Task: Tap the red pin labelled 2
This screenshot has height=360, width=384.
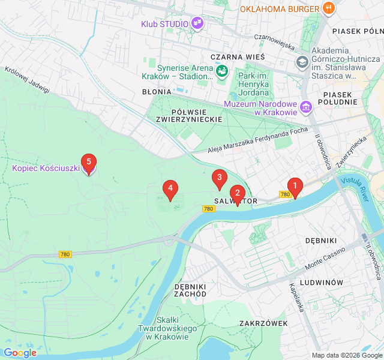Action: pyautogui.click(x=238, y=194)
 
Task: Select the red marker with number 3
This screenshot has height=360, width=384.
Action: pyautogui.click(x=219, y=178)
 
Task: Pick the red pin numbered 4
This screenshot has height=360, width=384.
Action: pyautogui.click(x=170, y=189)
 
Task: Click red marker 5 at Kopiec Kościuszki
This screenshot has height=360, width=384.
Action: pyautogui.click(x=89, y=162)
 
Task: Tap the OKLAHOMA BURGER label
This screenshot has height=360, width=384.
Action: pyautogui.click(x=279, y=9)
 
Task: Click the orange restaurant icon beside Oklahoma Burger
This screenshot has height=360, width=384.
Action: pyautogui.click(x=328, y=8)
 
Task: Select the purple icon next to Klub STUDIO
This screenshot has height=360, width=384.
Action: pyautogui.click(x=197, y=24)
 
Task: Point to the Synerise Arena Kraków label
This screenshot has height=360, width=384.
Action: pyautogui.click(x=177, y=72)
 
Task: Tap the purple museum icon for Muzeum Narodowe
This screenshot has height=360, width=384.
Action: pyautogui.click(x=307, y=107)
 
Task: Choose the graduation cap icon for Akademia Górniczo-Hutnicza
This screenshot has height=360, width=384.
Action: pyautogui.click(x=302, y=62)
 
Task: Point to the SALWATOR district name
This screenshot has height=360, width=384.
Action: pyautogui.click(x=235, y=202)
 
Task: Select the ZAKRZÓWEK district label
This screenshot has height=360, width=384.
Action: pyautogui.click(x=263, y=323)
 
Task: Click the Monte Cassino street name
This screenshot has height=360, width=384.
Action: pyautogui.click(x=325, y=258)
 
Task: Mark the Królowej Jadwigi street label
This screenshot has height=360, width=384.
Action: pyautogui.click(x=27, y=79)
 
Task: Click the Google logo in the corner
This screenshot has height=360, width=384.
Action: pyautogui.click(x=20, y=353)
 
